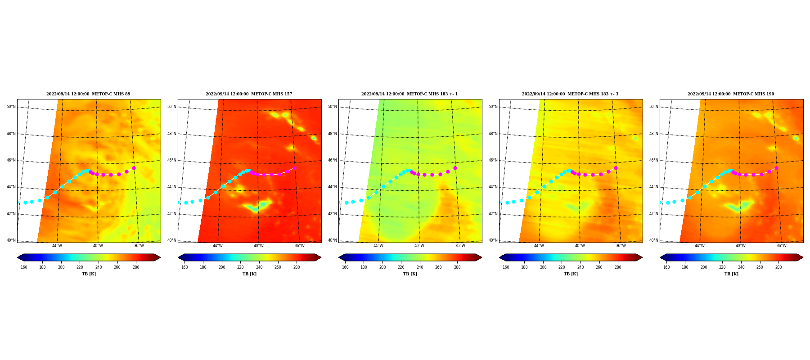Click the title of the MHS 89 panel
point(88,94)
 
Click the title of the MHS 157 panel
point(249,94)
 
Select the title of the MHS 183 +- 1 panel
point(409,94)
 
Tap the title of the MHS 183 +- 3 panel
point(570,94)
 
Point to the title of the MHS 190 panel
point(731,94)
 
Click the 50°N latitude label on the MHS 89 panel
point(11,107)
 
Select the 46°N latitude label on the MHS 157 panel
point(171,160)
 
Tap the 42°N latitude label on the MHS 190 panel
point(653,214)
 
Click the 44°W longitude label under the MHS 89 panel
point(57,246)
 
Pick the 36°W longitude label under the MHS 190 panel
point(782,246)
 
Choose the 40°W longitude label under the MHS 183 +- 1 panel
point(419,246)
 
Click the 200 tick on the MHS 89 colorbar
point(61,267)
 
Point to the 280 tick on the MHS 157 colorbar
point(297,267)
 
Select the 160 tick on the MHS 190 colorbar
point(666,267)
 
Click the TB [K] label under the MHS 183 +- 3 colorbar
point(571,274)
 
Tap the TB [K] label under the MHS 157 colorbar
point(249,274)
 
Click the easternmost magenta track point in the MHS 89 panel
point(134,168)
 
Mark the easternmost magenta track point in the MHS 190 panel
point(776,168)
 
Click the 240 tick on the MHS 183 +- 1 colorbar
point(420,267)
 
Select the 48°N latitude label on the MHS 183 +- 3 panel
point(493,134)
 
